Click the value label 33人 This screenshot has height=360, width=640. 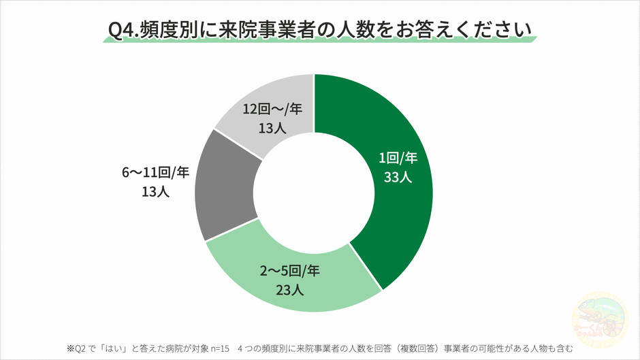(398, 178)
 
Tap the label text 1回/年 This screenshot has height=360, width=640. (398, 159)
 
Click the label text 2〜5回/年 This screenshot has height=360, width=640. (289, 271)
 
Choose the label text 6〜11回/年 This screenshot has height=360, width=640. (155, 173)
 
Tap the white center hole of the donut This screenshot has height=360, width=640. (314, 193)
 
